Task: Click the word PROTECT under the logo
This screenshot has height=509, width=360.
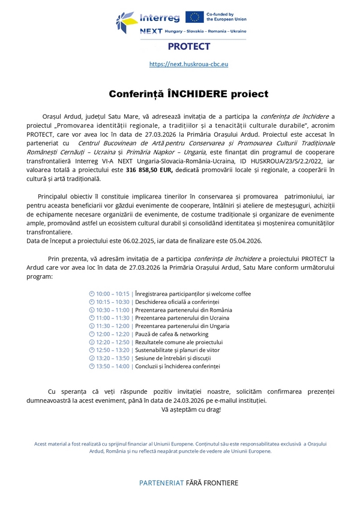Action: tap(189, 46)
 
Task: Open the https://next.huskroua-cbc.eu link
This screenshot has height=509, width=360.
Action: tap(188, 64)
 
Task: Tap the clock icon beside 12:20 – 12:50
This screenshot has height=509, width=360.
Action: tap(92, 342)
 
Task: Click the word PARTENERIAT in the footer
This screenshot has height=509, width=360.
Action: tap(163, 483)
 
